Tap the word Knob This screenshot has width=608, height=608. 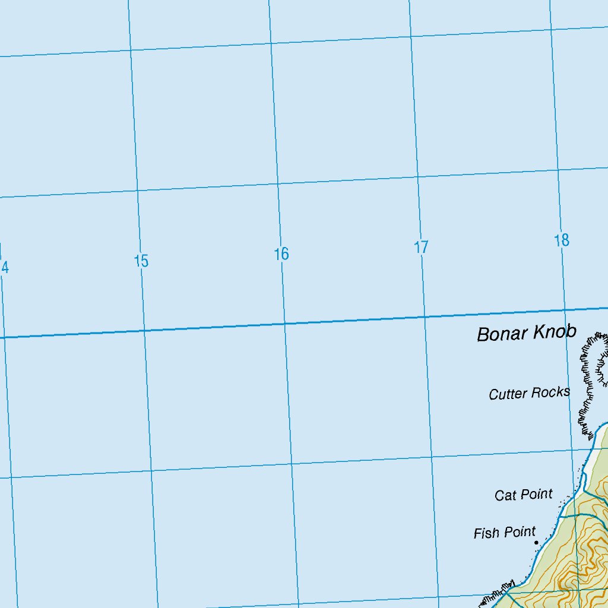pos(555,332)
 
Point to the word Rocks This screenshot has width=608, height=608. pos(551,392)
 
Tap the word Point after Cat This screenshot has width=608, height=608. pos(536,494)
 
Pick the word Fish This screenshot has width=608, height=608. pos(485,534)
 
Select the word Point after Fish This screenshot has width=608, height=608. pos(520,532)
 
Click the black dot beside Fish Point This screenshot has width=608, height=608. pos(537,542)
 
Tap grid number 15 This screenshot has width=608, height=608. pos(141,261)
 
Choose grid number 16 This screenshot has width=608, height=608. pos(281,254)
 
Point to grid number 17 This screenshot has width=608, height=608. pos(422,247)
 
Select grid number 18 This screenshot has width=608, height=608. pos(561,240)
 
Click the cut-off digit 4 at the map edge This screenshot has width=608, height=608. pos(5,268)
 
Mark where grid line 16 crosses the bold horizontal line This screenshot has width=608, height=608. pos(284,324)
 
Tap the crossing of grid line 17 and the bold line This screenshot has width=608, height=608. pos(425,316)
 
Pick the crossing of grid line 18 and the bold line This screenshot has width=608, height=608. pos(565,309)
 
